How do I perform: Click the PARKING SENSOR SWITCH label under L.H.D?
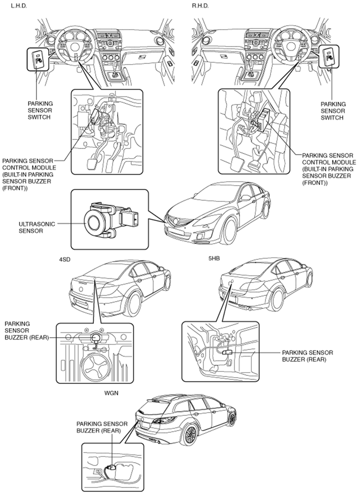pyautogui.click(x=40, y=110)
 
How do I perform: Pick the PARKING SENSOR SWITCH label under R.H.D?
pyautogui.click(x=333, y=111)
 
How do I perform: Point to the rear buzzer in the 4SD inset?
pyautogui.click(x=96, y=338)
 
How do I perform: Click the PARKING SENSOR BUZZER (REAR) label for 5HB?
pyautogui.click(x=307, y=356)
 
